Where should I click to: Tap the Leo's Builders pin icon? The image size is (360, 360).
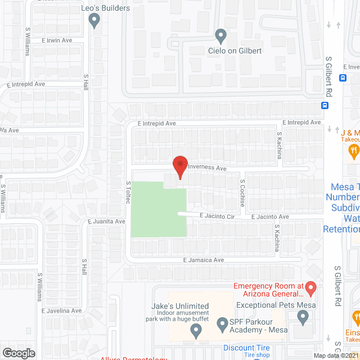[94, 21]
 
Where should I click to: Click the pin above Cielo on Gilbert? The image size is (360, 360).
[221, 36]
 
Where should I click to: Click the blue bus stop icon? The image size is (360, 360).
[325, 105]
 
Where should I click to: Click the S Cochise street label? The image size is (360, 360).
[242, 193]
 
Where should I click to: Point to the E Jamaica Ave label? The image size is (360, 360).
[204, 260]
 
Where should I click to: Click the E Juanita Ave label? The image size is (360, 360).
[106, 222]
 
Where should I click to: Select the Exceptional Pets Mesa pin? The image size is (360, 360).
[304, 318]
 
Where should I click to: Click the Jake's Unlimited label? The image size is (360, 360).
[180, 306]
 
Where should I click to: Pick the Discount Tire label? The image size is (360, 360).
[246, 348]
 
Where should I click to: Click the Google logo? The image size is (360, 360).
[19, 353]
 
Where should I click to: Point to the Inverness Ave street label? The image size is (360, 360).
[206, 168]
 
